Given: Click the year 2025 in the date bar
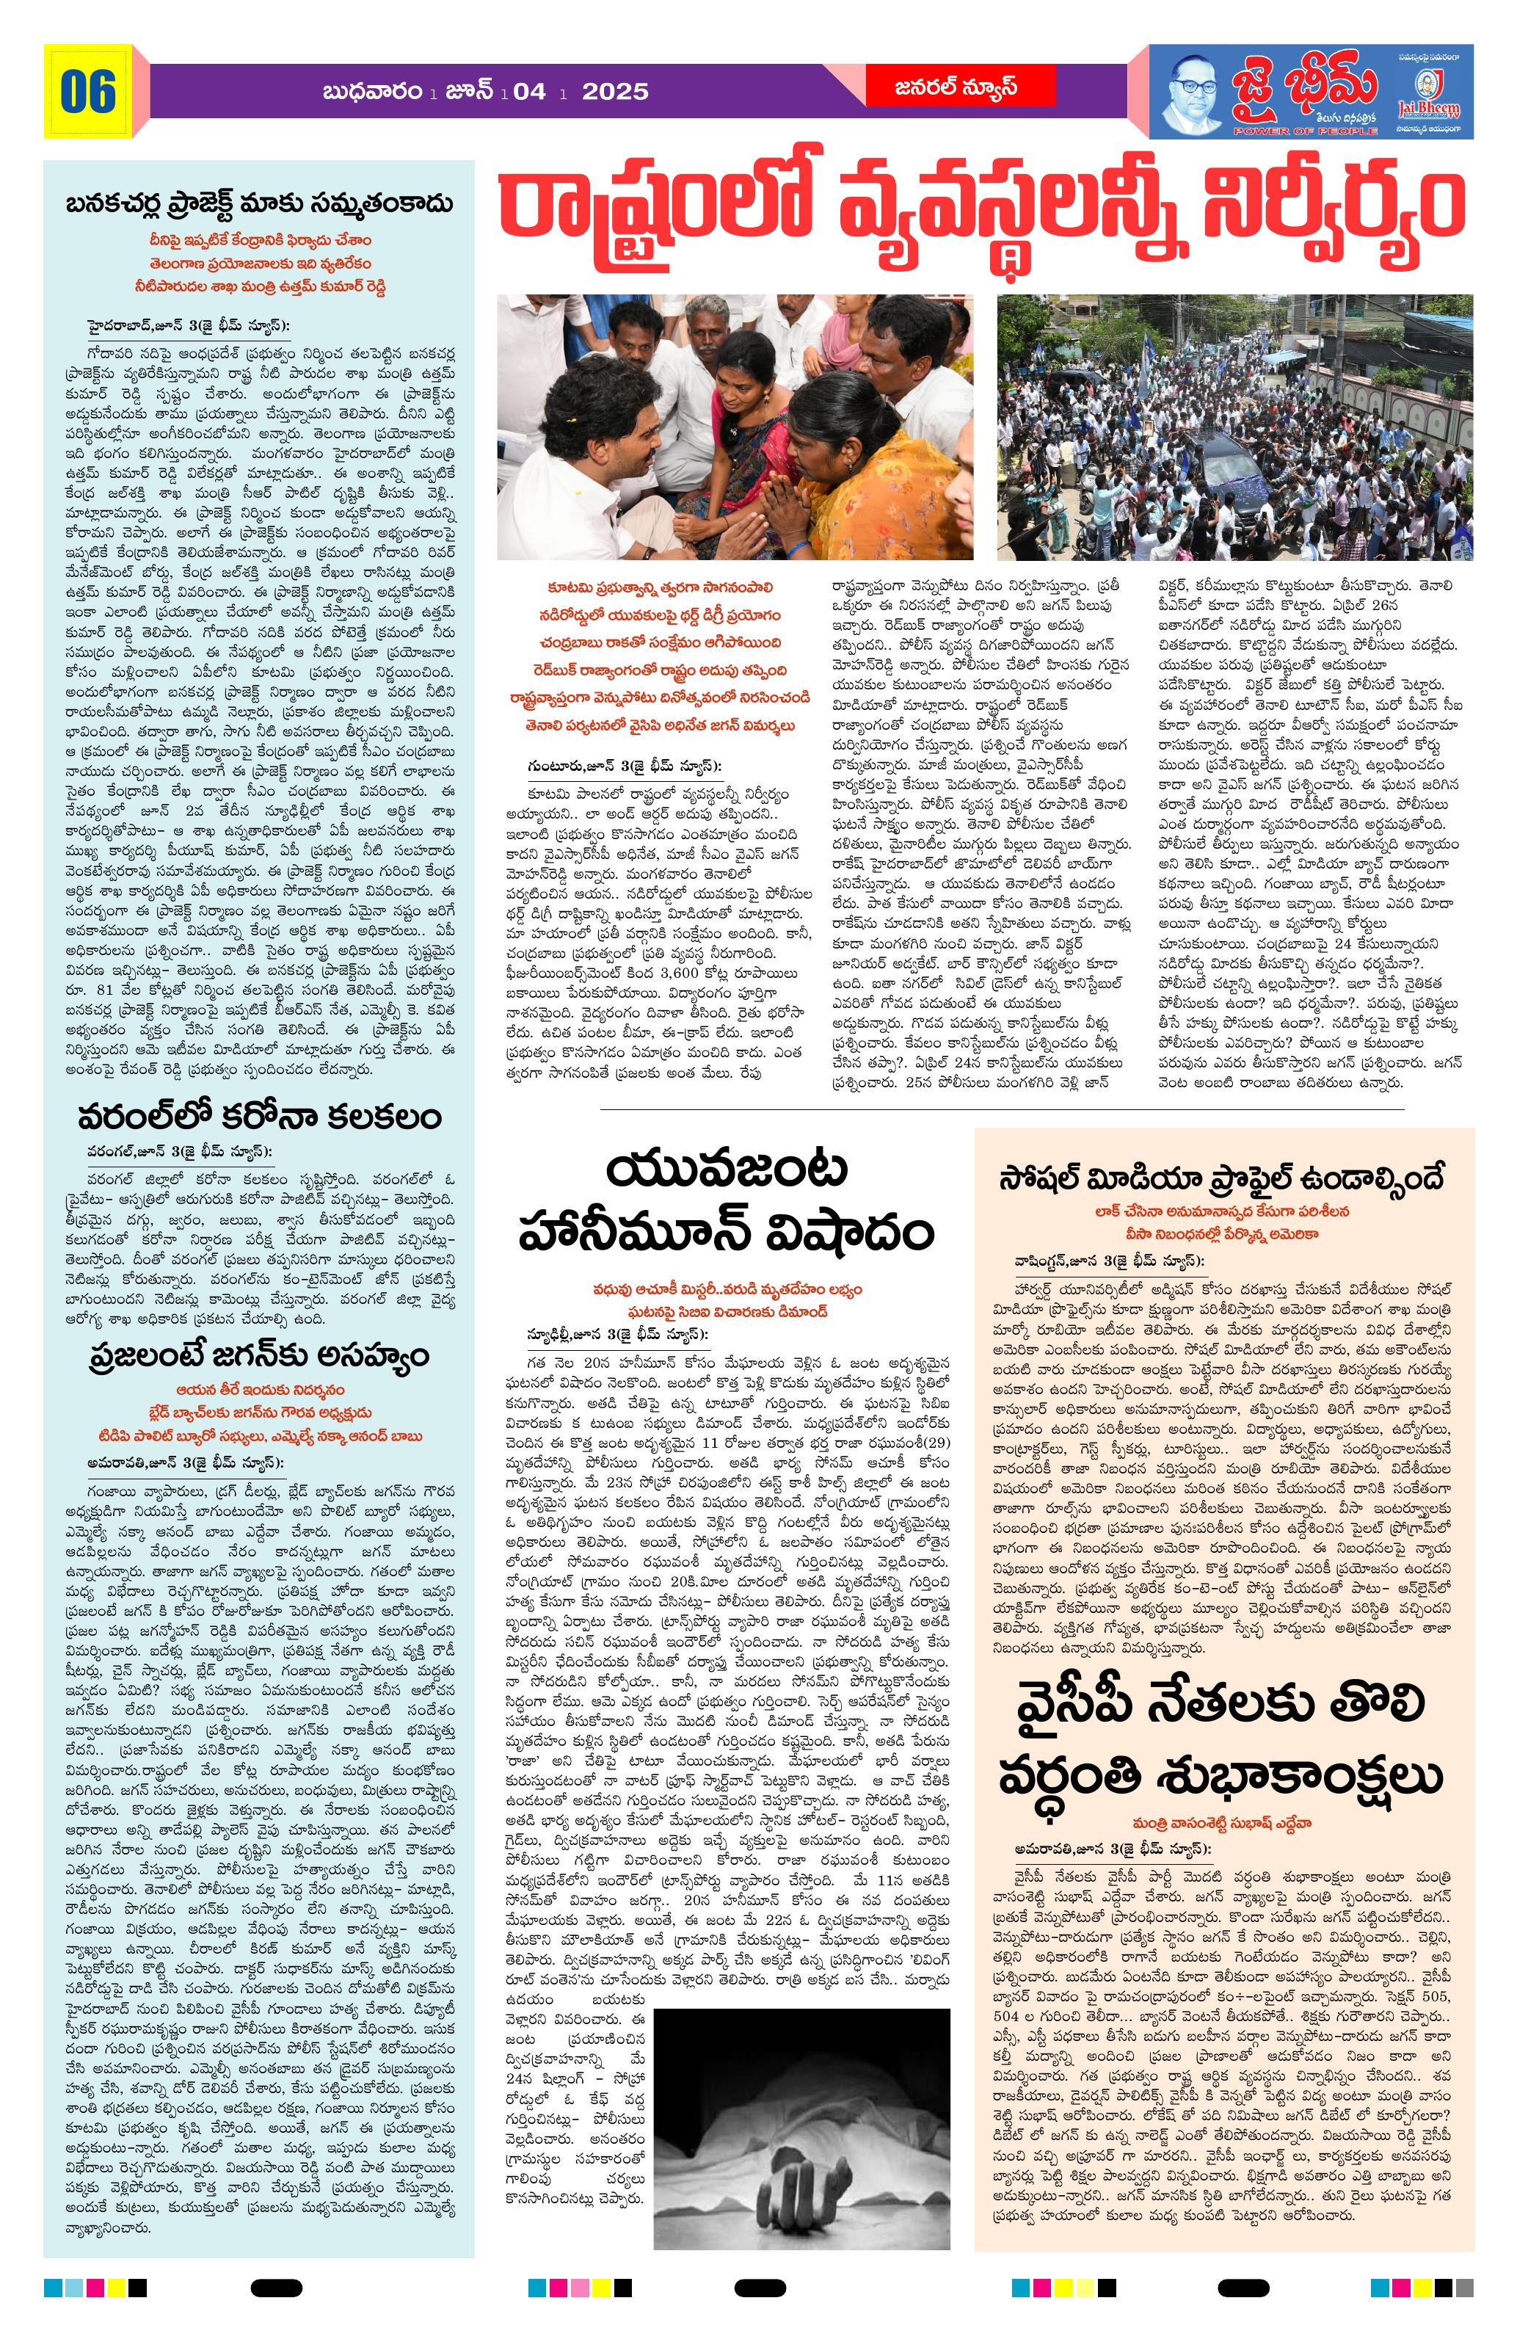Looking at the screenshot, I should pos(615,93).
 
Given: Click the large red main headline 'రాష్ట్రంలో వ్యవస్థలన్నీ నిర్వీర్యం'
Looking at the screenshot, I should pos(980,209).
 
